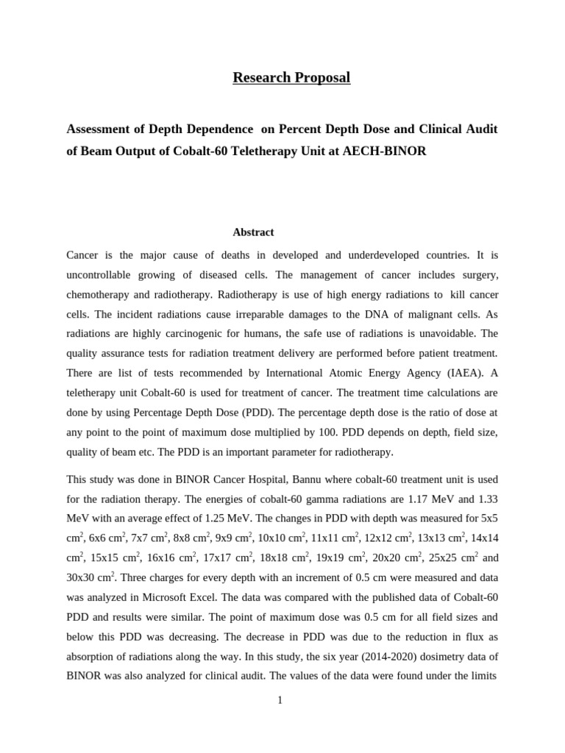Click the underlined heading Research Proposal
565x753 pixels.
pos(291,77)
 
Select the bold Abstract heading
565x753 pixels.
pos(253,232)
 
